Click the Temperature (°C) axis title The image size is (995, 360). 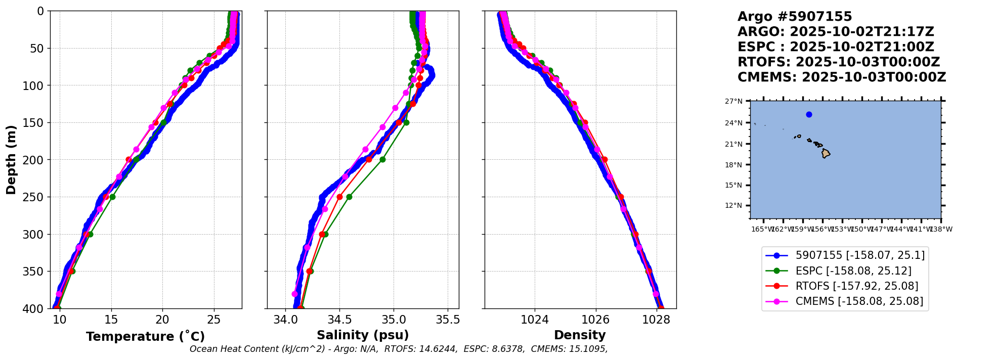tap(145, 337)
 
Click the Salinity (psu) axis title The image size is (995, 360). tap(363, 335)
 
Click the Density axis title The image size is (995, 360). tap(580, 335)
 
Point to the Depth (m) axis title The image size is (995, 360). tap(11, 160)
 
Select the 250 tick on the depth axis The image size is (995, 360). tap(36, 197)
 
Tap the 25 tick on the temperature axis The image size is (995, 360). tap(214, 320)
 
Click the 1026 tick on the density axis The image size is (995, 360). tap(595, 320)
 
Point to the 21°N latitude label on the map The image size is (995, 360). tap(733, 144)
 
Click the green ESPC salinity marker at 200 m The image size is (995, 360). tap(382, 159)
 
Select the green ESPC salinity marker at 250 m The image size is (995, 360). tap(349, 197)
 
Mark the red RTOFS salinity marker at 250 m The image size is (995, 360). tap(339, 197)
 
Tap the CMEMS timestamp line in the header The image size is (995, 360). tap(841, 77)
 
